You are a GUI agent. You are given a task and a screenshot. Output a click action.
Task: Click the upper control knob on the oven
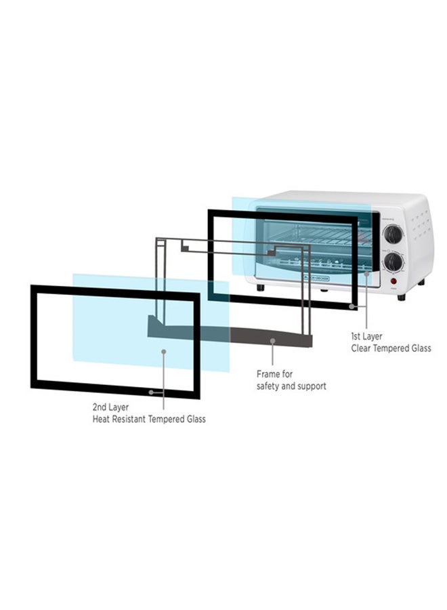[393, 235]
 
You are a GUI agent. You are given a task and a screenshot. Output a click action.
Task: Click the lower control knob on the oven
[394, 262]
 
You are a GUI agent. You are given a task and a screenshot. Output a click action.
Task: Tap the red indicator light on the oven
[392, 281]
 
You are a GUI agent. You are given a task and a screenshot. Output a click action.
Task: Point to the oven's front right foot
[402, 297]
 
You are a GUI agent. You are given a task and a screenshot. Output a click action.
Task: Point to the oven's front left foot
[261, 288]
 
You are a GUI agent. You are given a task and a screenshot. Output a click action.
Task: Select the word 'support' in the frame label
[310, 386]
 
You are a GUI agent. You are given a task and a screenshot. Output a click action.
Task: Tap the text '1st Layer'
[366, 336]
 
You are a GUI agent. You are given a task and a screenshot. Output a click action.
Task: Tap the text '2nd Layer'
[110, 407]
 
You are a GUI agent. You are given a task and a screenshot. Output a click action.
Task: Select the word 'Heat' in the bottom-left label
[102, 420]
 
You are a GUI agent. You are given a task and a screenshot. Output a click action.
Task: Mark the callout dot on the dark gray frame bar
[272, 340]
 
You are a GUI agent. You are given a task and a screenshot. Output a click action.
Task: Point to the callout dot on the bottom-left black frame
[151, 392]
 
